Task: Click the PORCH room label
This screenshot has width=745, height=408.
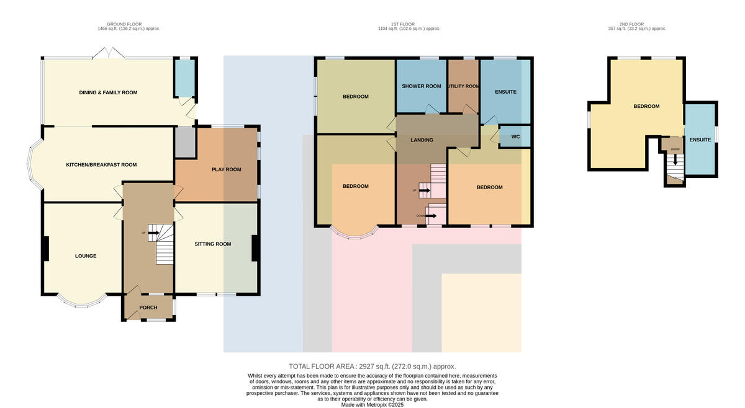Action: pyautogui.click(x=148, y=308)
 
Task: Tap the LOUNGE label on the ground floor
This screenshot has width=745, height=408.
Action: pyautogui.click(x=86, y=256)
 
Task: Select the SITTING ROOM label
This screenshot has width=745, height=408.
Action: pyautogui.click(x=213, y=244)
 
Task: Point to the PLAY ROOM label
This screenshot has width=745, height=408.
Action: pyautogui.click(x=227, y=169)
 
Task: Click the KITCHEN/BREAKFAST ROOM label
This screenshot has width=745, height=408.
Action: pyautogui.click(x=101, y=164)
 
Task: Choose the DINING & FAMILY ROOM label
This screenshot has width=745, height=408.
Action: pyautogui.click(x=108, y=92)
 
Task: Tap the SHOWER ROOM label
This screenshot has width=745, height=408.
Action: pyautogui.click(x=422, y=86)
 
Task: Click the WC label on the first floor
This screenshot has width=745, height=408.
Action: pyautogui.click(x=515, y=136)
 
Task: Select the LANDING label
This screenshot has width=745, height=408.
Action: pyautogui.click(x=422, y=140)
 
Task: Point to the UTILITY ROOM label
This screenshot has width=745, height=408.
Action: pyautogui.click(x=463, y=86)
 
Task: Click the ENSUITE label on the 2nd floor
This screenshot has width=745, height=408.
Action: pyautogui.click(x=700, y=140)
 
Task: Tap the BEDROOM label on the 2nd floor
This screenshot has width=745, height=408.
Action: pyautogui.click(x=646, y=106)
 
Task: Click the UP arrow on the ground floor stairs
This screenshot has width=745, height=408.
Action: pyautogui.click(x=153, y=233)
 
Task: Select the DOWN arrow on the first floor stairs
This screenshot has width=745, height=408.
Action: pyautogui.click(x=431, y=216)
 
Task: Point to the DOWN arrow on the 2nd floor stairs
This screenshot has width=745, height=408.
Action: pyautogui.click(x=675, y=160)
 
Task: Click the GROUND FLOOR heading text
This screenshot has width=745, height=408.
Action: pyautogui.click(x=124, y=24)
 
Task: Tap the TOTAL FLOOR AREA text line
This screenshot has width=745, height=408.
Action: pyautogui.click(x=372, y=366)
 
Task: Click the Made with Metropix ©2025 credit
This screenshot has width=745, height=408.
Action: pyautogui.click(x=372, y=405)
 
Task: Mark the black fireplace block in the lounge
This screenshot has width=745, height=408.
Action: pyautogui.click(x=46, y=248)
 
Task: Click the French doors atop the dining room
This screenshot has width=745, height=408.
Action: pyautogui.click(x=109, y=53)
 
